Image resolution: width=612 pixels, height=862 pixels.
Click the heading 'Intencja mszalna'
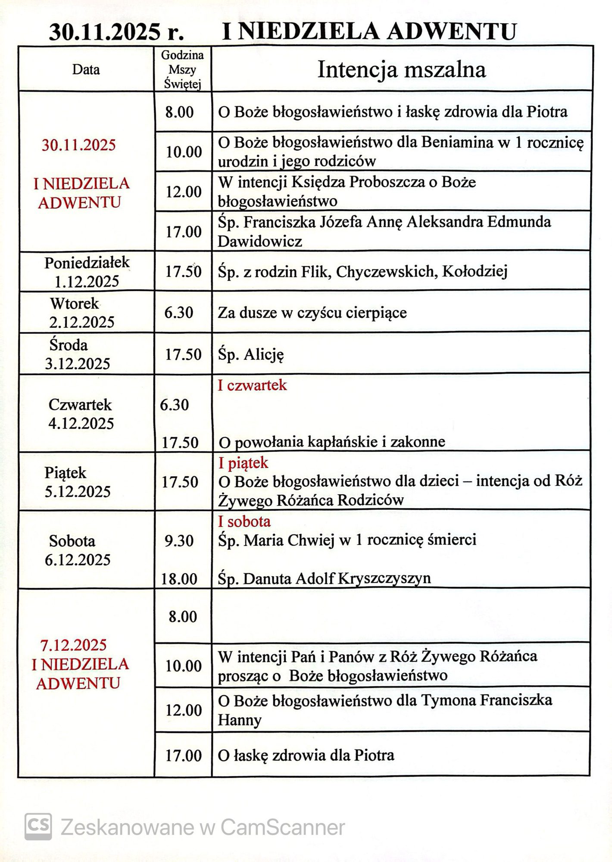(401, 70)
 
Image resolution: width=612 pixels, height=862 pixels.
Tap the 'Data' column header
(86, 69)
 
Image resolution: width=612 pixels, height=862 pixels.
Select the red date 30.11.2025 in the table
(79, 145)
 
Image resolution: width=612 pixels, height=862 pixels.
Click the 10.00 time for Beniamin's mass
(184, 152)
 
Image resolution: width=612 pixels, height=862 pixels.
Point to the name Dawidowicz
(260, 241)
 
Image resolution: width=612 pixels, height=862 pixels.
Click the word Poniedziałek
(87, 262)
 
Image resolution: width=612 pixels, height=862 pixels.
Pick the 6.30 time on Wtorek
(179, 312)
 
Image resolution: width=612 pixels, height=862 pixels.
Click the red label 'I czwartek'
(252, 385)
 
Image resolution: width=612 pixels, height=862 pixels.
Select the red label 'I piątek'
(244, 463)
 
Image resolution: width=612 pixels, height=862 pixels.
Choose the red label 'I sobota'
(244, 522)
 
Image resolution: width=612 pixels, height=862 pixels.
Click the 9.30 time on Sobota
(179, 540)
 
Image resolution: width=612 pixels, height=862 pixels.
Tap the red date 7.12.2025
(73, 645)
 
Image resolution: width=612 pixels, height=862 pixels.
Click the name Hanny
(240, 720)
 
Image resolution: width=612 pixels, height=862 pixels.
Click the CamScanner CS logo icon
(38, 827)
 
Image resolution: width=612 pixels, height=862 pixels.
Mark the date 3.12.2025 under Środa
(78, 364)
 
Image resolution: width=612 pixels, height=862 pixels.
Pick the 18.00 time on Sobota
(179, 579)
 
